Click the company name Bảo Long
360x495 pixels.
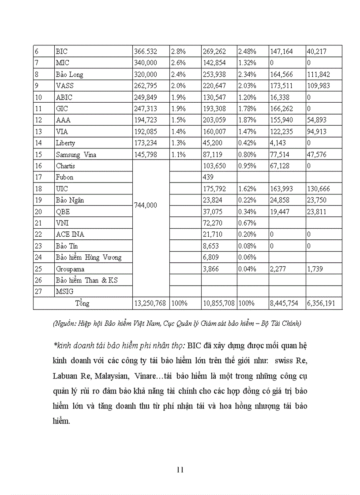click(69, 74)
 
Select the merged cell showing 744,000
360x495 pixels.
click(145, 205)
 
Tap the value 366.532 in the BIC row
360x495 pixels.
click(145, 52)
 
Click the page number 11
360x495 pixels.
click(180, 469)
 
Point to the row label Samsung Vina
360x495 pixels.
click(76, 154)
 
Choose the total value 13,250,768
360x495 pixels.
click(150, 303)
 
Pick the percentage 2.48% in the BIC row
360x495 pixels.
click(247, 52)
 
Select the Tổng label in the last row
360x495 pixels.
click(82, 303)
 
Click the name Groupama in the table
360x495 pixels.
click(70, 269)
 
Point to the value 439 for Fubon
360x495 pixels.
click(209, 177)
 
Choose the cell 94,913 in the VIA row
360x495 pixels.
click(318, 131)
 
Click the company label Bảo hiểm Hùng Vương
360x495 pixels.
click(88, 257)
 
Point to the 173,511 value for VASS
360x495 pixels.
click(281, 86)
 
